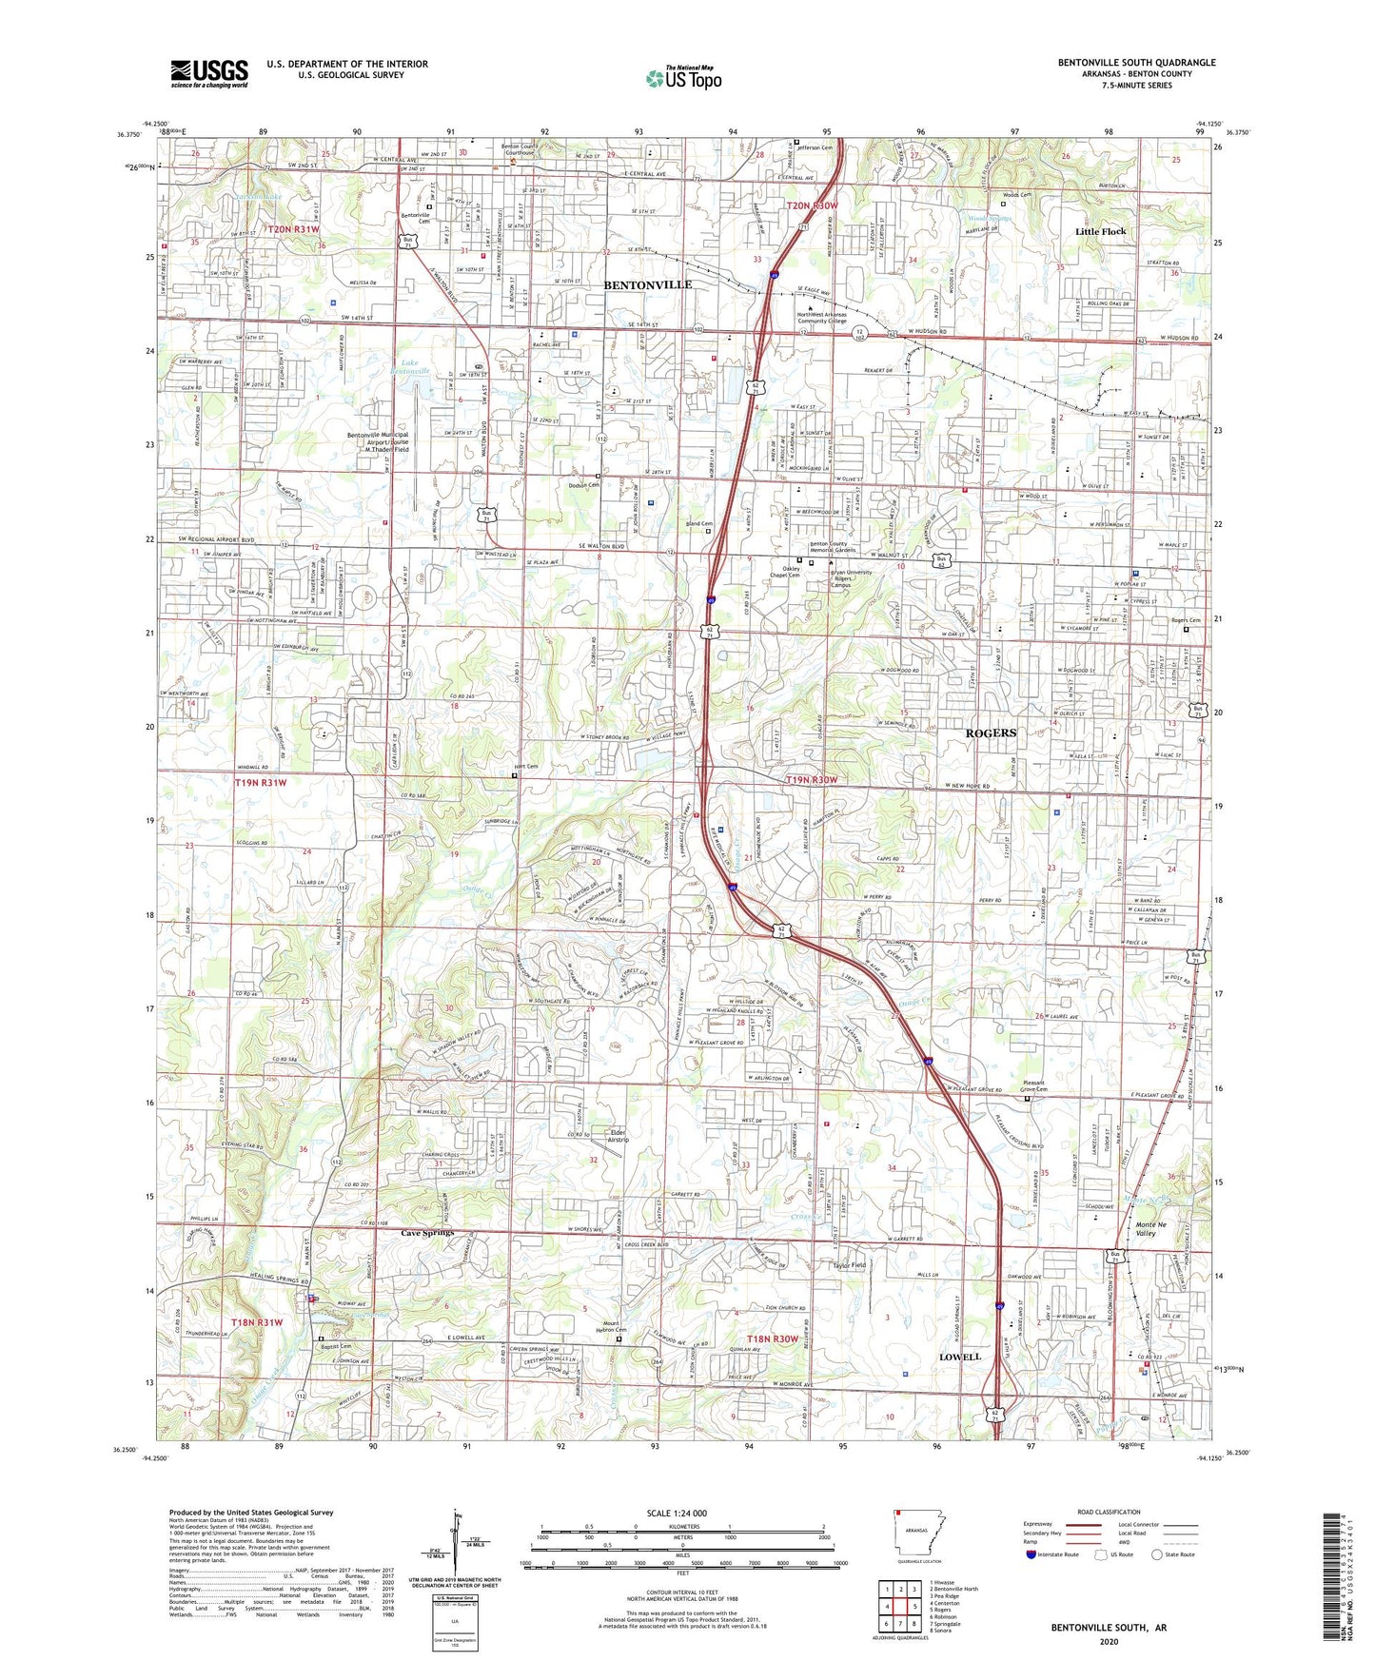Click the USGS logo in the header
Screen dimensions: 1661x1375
pos(209,72)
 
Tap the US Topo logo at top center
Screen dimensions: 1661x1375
pos(683,78)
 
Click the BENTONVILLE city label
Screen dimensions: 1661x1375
pos(648,284)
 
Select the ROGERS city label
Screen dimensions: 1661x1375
pos(991,733)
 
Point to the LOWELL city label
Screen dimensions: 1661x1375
pos(959,1357)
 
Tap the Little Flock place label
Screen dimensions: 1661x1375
pos(1100,231)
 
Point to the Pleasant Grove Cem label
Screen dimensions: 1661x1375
pos(1027,1086)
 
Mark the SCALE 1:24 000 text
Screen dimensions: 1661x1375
pos(677,1513)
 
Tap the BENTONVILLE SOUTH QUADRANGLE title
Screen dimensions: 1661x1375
pos(1136,63)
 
